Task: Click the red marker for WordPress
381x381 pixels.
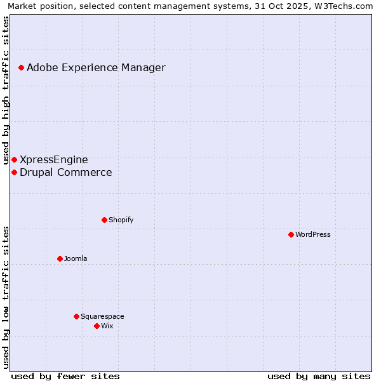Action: (x=291, y=234)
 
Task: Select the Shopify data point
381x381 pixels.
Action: (x=104, y=220)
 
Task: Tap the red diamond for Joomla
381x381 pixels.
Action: (x=60, y=258)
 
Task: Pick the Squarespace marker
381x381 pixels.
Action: (x=76, y=316)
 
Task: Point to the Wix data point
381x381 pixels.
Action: (x=97, y=326)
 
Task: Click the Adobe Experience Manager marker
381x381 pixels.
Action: (x=21, y=67)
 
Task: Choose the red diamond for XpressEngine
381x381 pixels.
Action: (x=14, y=159)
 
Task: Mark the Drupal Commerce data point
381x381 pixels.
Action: (x=14, y=172)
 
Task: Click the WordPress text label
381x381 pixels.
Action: (x=313, y=234)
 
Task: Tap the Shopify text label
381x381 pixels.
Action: (x=121, y=220)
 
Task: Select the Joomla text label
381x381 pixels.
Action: (x=76, y=258)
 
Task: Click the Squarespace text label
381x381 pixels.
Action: (x=102, y=316)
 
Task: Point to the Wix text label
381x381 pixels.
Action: (x=107, y=326)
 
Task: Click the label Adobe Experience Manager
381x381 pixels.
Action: (x=96, y=67)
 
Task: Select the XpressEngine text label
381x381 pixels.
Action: (x=54, y=159)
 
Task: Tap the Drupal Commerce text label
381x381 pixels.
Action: (x=66, y=172)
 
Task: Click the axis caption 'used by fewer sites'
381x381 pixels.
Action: (x=65, y=376)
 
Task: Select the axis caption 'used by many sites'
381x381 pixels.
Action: (x=319, y=376)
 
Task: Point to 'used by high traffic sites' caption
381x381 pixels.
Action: (x=6, y=91)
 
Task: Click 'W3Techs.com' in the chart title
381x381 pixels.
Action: (x=344, y=6)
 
